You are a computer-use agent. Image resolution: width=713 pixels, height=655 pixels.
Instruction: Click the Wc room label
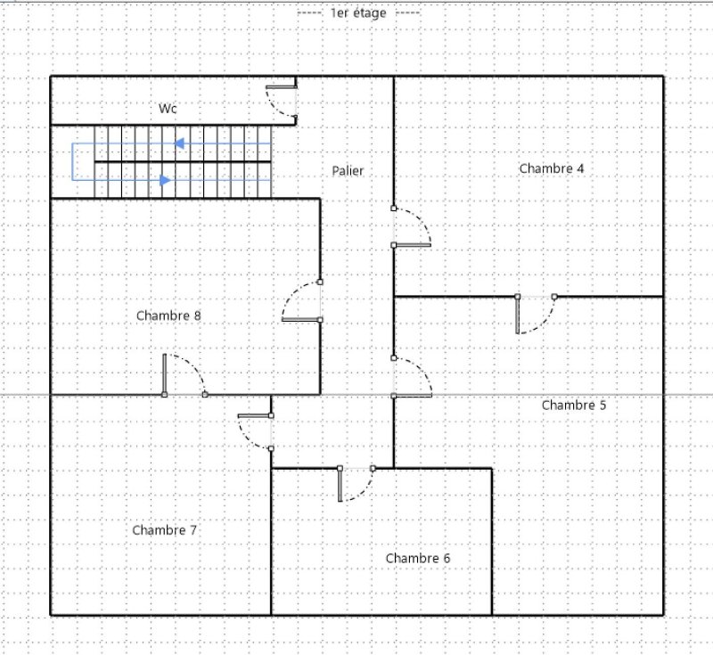[x=168, y=109]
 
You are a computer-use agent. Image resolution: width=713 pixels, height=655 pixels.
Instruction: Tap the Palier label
[x=348, y=171]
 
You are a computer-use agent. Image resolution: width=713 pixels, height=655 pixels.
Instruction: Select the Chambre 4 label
[x=552, y=168]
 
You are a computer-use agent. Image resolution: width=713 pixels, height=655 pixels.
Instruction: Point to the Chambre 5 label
[x=574, y=405]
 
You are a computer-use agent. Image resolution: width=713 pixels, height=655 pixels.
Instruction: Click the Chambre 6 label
[x=418, y=558]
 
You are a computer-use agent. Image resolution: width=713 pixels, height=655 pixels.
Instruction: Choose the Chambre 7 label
[x=165, y=530]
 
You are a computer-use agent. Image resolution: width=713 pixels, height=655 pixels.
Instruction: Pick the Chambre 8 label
[x=168, y=315]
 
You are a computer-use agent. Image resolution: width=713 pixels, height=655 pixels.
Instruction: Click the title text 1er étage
[x=358, y=13]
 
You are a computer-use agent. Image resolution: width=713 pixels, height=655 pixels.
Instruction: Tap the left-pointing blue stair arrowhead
[x=179, y=143]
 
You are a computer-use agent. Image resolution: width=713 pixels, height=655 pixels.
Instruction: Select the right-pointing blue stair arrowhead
[x=166, y=180]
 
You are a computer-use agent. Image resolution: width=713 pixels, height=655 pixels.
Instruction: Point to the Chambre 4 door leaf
[x=412, y=245]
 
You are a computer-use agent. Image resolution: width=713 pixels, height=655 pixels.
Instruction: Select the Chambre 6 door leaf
[x=340, y=485]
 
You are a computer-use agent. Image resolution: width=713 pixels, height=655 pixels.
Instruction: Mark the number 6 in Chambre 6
[x=447, y=558]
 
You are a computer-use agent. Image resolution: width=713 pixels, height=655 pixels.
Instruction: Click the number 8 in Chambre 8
[x=197, y=315]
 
